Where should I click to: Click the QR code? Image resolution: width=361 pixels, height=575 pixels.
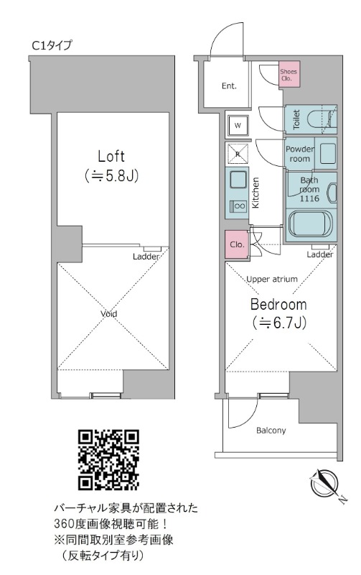coord(108,460)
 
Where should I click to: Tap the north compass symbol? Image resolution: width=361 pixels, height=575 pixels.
coord(325,484)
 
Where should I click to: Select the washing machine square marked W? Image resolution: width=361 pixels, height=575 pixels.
coord(238,126)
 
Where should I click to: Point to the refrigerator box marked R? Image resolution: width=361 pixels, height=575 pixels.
coord(238,154)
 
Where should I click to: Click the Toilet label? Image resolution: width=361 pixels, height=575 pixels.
coord(296,119)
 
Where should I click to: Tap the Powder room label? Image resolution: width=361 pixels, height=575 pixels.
coord(300,154)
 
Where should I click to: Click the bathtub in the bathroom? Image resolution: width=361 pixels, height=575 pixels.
coord(311,224)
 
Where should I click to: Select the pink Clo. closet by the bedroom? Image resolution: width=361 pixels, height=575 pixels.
coord(237,244)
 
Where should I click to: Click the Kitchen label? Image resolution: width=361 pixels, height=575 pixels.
coord(256,193)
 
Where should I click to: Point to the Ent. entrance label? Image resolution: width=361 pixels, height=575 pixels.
coord(229,86)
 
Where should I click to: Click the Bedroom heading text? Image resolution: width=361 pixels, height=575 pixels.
coord(278,304)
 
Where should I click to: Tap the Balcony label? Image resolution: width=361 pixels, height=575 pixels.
coord(271,430)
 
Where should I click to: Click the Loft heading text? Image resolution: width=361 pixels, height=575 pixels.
coord(111,156)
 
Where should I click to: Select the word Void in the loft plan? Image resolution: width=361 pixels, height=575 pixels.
coord(109,314)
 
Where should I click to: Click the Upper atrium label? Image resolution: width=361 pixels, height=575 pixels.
coord(272,279)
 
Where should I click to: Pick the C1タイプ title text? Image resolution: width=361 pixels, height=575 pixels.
coord(52,45)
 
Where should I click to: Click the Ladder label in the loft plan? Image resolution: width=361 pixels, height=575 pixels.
coord(146,257)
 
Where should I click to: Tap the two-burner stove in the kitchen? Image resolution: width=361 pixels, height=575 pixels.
coord(238,206)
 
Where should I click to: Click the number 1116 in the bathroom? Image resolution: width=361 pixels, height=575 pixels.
coord(309,198)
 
